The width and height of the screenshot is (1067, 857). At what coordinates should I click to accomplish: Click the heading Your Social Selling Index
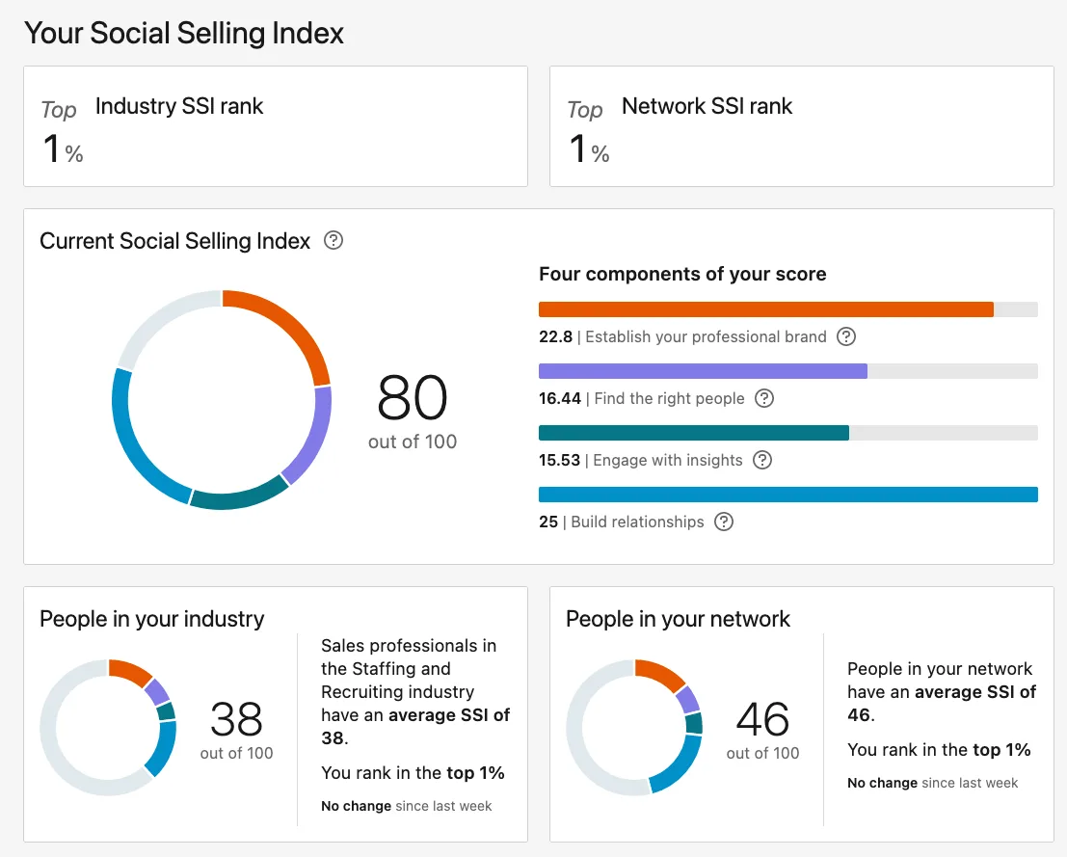[x=184, y=33]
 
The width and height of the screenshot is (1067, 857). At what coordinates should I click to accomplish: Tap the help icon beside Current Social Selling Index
[x=333, y=240]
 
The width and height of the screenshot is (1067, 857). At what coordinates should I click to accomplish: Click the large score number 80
[x=413, y=398]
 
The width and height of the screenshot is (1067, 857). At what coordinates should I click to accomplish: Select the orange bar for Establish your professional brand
[x=765, y=309]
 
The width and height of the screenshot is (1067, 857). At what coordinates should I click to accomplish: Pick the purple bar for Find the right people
[x=703, y=371]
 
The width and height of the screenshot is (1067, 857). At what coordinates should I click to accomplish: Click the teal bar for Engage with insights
[x=693, y=433]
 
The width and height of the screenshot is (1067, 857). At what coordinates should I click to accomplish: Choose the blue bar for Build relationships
[x=787, y=495]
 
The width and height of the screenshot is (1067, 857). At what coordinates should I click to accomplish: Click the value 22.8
[x=555, y=336]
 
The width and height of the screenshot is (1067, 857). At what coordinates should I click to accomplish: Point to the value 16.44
[x=559, y=398]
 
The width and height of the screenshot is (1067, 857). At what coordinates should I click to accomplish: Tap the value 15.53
[x=559, y=460]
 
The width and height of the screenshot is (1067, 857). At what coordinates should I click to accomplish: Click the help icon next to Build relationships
[x=724, y=522]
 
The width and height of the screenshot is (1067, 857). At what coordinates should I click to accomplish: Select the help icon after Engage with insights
[x=762, y=460]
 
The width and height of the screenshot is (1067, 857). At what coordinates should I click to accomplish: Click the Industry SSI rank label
[x=179, y=106]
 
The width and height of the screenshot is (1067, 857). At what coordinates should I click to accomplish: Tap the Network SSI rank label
[x=707, y=106]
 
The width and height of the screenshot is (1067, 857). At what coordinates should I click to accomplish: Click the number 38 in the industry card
[x=236, y=718]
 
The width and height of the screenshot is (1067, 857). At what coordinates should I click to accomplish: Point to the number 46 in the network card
[x=762, y=718]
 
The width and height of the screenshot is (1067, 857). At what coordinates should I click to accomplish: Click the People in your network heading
[x=678, y=619]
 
